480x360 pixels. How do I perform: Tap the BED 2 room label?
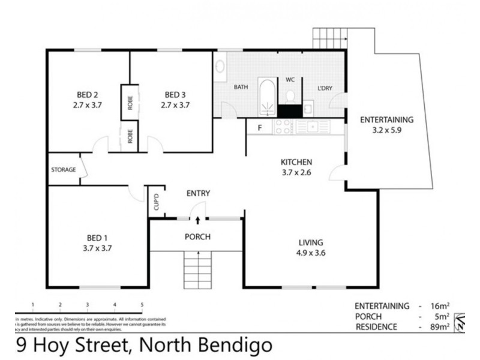tap(87, 95)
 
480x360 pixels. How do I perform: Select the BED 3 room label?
tap(175, 95)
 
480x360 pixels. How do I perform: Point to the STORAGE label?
tap(63, 170)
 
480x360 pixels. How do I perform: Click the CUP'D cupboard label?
tap(155, 199)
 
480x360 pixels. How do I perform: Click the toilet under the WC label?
tap(290, 96)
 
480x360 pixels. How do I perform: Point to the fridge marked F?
tap(259, 127)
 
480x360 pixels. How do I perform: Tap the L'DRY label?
tap(325, 88)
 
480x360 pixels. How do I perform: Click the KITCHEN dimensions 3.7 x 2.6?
tap(297, 173)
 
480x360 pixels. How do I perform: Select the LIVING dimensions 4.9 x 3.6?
tap(311, 253)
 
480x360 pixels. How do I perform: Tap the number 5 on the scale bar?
tap(142, 305)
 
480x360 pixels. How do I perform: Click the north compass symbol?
tap(461, 322)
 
